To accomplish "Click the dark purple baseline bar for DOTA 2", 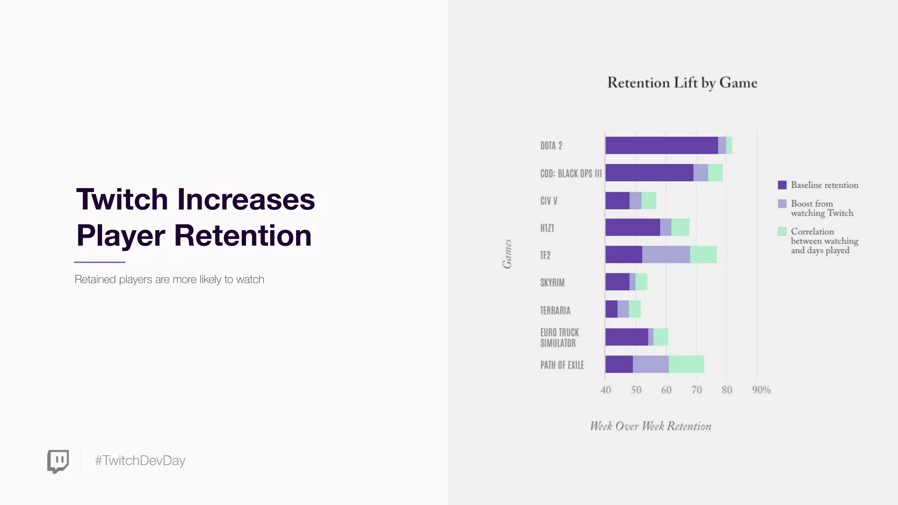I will click(x=661, y=146).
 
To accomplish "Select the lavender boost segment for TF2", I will click(x=666, y=255).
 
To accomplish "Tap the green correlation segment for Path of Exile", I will click(x=686, y=364).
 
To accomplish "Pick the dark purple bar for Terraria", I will click(x=611, y=309).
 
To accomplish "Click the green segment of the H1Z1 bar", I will click(x=680, y=228).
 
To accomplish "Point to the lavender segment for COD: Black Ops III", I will click(x=700, y=173).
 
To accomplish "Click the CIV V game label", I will click(x=549, y=201).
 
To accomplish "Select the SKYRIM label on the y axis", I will click(x=552, y=283).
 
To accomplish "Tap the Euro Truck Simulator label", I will click(x=559, y=338).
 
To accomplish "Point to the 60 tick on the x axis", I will click(x=666, y=390).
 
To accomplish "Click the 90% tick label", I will click(x=761, y=390).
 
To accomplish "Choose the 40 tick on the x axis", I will click(x=606, y=390).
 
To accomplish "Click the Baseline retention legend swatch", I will click(x=782, y=185).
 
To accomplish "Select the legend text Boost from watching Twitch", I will click(x=822, y=208).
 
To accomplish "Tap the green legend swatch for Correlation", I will click(x=782, y=231).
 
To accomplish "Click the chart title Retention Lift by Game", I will click(x=682, y=83).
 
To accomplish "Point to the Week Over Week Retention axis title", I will click(x=650, y=426).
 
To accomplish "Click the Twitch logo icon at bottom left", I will click(x=58, y=461).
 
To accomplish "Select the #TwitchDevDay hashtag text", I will click(x=140, y=461).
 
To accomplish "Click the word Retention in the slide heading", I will click(x=242, y=236).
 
